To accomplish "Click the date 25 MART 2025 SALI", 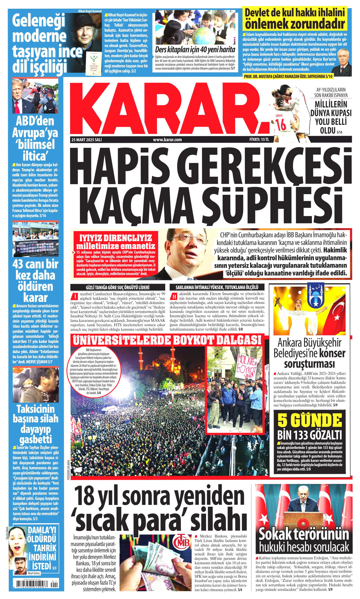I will pyautogui.click(x=87, y=140).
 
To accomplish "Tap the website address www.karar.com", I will pyautogui.click(x=167, y=140).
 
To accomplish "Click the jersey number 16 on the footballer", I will pyautogui.click(x=280, y=124).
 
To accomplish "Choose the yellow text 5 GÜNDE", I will pyautogui.click(x=310, y=421).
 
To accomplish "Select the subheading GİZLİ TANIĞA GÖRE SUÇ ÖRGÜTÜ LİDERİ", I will pyautogui.click(x=118, y=287).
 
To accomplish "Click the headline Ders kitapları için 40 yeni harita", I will pyautogui.click(x=195, y=50).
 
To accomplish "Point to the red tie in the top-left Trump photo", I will pyautogui.click(x=17, y=107).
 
